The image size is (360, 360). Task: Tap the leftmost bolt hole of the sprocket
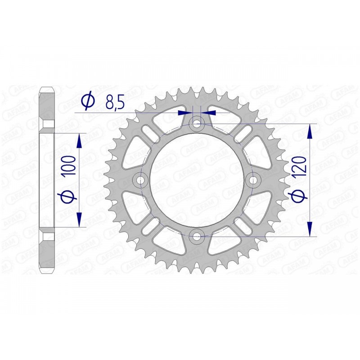point(141,180)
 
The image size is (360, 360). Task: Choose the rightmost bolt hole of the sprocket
point(253,180)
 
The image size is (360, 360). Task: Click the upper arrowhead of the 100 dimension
point(80,140)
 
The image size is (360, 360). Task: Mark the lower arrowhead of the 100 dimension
point(80,220)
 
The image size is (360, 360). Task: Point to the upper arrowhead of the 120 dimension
point(310,131)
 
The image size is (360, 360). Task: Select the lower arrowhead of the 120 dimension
point(310,228)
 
